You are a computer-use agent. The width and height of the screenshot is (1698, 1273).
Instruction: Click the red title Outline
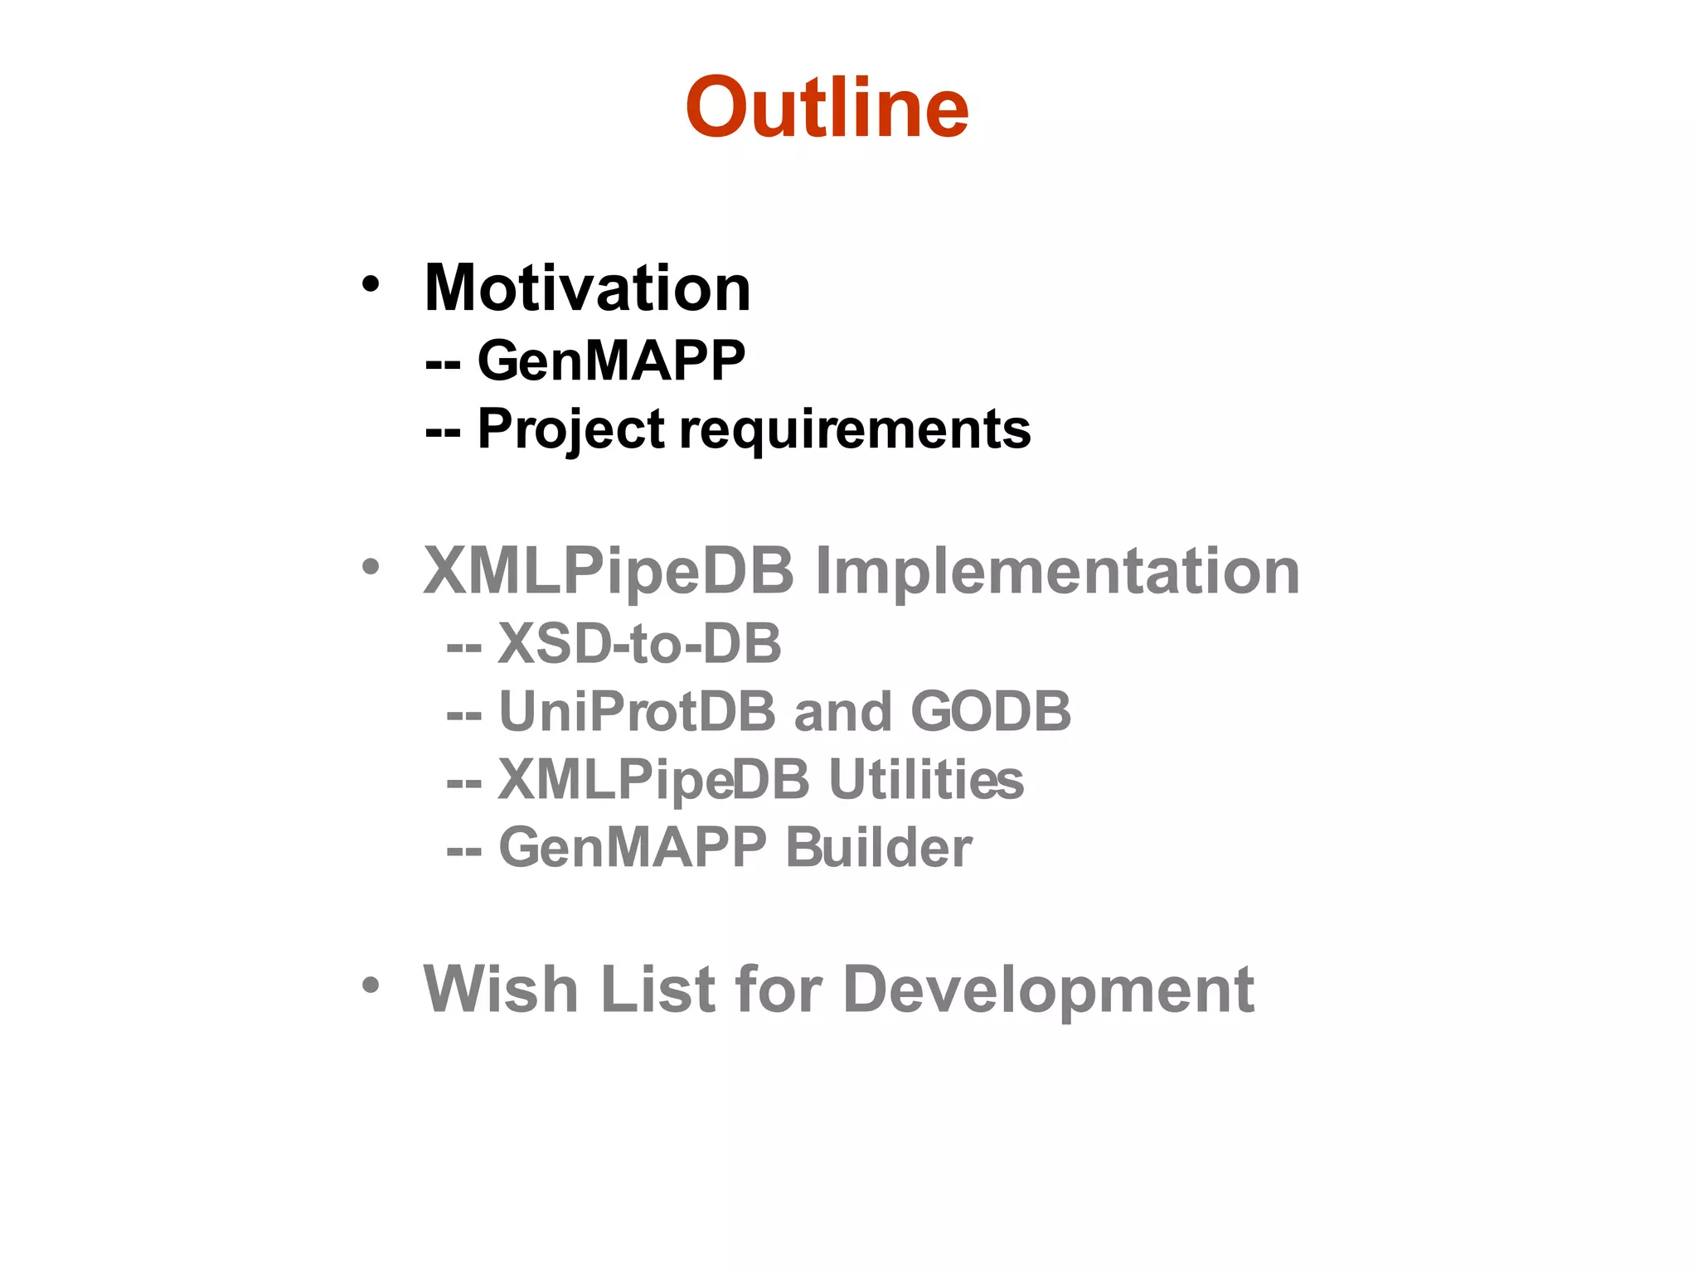click(827, 108)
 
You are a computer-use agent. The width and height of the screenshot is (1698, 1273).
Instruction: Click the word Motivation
click(587, 288)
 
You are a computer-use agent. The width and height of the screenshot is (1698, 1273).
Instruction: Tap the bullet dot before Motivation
click(370, 284)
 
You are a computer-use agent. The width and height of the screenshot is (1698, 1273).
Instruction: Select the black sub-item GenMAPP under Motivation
click(611, 361)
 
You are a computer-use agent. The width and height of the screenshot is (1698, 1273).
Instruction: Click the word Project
click(571, 429)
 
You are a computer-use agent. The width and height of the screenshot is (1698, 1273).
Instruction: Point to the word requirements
click(855, 429)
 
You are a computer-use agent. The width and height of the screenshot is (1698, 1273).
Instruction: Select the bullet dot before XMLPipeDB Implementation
click(370, 568)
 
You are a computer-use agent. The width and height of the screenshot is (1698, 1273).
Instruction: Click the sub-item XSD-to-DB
click(639, 643)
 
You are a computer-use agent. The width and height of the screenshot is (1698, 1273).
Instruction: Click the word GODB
click(991, 711)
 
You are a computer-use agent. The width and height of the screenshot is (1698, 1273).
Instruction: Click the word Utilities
click(926, 780)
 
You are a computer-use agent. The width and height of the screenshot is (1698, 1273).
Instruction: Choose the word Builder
click(878, 847)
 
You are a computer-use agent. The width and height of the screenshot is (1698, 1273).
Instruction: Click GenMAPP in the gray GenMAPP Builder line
click(633, 847)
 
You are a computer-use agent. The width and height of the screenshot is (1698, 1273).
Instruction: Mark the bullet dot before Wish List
click(370, 985)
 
